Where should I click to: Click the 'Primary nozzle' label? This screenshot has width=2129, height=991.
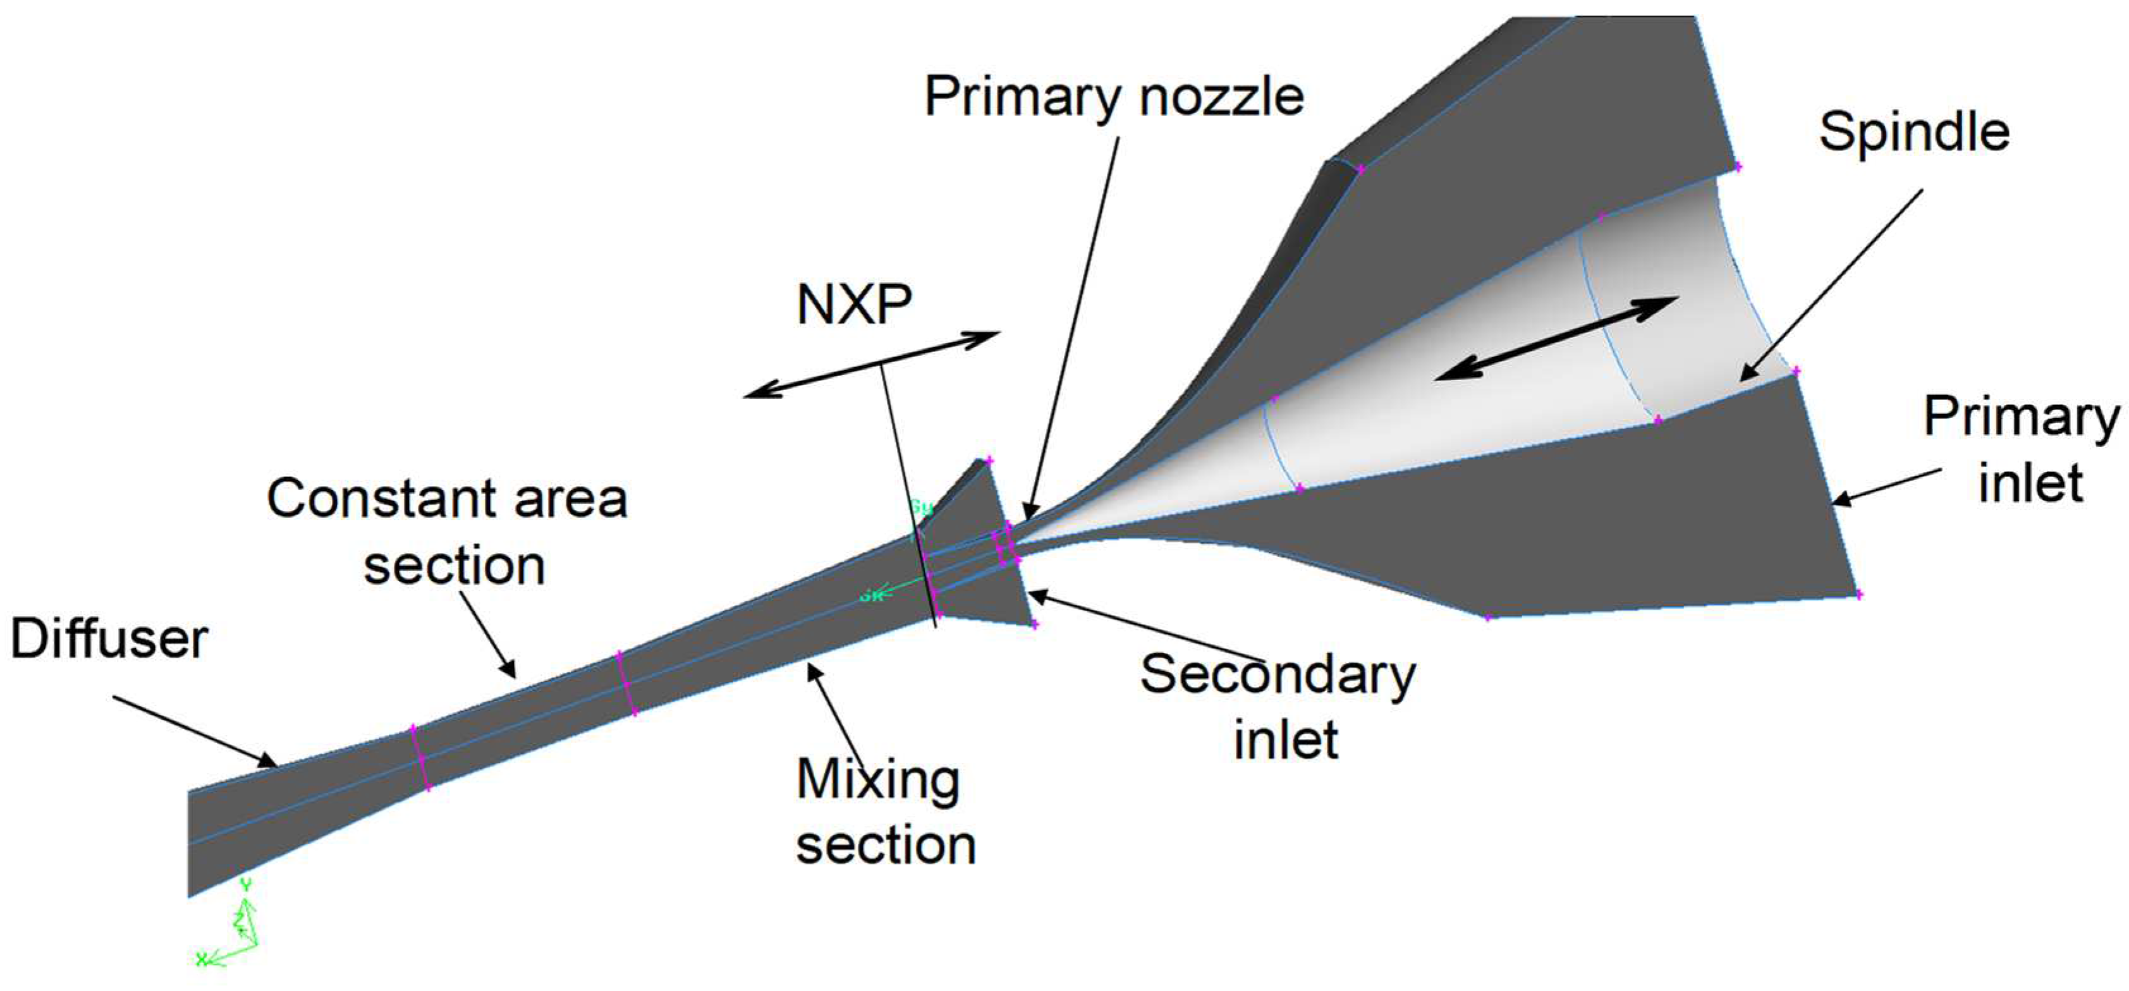[1113, 97]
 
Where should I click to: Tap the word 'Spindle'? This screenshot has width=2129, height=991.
[1914, 131]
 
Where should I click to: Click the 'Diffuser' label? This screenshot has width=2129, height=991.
[109, 639]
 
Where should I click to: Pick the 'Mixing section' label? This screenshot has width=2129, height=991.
[884, 812]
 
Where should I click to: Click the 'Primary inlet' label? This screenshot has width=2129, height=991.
[2021, 449]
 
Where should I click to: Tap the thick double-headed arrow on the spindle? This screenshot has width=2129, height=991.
[1556, 338]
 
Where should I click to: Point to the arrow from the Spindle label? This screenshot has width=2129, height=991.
[1831, 285]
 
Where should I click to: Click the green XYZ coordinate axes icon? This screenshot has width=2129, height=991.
[231, 930]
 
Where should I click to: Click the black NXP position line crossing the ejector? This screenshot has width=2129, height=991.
[909, 496]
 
